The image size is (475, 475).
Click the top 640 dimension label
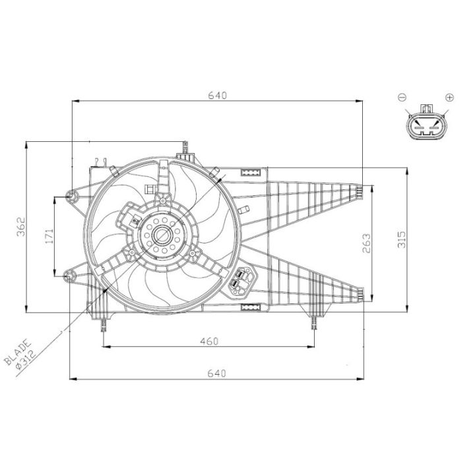[x=217, y=95]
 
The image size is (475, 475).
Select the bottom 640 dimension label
[x=217, y=373]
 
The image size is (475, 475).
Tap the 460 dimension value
[x=209, y=342]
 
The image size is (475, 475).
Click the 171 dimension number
[x=49, y=236]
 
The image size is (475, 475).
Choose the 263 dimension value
[x=366, y=243]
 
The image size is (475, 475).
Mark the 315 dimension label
[x=401, y=239]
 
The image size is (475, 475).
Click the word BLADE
[x=17, y=352]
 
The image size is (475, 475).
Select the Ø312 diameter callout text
[x=26, y=360]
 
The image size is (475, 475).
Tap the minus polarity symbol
[x=402, y=97]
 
